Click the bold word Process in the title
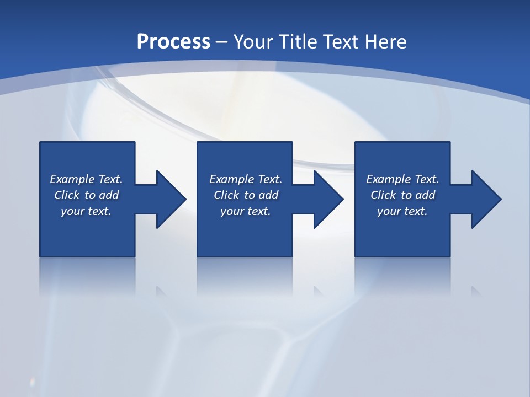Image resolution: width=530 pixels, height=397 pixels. click(173, 41)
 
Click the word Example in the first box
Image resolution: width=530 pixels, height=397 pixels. click(72, 179)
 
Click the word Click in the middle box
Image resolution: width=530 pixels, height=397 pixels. click(227, 195)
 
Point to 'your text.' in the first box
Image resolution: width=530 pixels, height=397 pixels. click(86, 211)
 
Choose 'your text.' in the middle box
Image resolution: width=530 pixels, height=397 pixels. click(245, 211)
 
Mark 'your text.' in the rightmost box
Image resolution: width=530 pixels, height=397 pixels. click(402, 211)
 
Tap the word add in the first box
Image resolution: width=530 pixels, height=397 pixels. click(109, 195)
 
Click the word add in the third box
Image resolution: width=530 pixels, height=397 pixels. click(425, 195)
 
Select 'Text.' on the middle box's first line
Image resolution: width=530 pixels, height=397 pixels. click(269, 179)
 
